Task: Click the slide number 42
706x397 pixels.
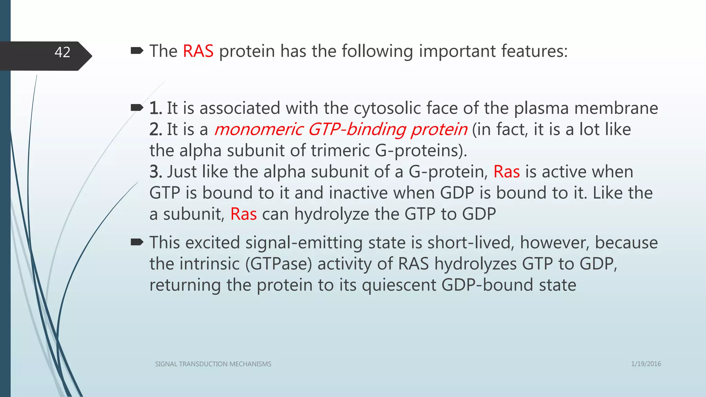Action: pyautogui.click(x=62, y=52)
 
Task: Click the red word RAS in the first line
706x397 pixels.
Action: pyautogui.click(x=198, y=51)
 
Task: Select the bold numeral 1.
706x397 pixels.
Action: pyautogui.click(x=155, y=108)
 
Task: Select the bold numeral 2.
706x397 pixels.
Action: pyautogui.click(x=155, y=130)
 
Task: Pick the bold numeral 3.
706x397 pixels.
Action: pyautogui.click(x=155, y=172)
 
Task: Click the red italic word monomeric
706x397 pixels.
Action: pyautogui.click(x=259, y=130)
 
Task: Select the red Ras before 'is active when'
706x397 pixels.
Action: pyautogui.click(x=506, y=172)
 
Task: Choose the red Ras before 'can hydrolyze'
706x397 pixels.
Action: pyautogui.click(x=243, y=214)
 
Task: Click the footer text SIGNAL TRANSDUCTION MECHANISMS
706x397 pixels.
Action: pyautogui.click(x=213, y=364)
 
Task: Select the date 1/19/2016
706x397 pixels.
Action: pyautogui.click(x=646, y=364)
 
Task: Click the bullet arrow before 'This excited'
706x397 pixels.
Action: pyautogui.click(x=137, y=242)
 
